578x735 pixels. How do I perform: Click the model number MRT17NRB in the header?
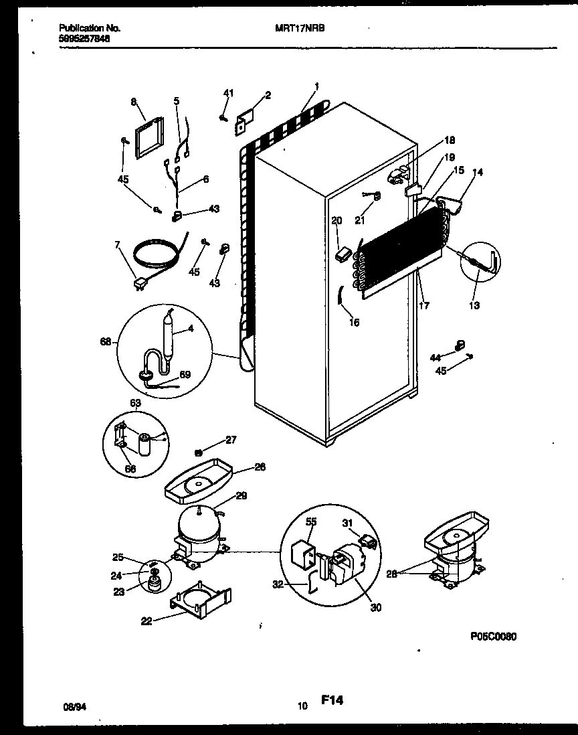pos(305,29)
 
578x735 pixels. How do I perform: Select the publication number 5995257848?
pos(85,39)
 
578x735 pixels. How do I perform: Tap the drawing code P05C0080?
pos(490,637)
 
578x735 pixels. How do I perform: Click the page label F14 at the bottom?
pos(332,700)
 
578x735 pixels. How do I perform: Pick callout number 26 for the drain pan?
pos(260,467)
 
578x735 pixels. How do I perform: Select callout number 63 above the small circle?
pos(135,404)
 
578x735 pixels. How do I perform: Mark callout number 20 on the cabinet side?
pos(336,220)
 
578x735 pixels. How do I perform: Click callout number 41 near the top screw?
pos(228,93)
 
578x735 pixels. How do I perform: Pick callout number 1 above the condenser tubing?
pos(316,86)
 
